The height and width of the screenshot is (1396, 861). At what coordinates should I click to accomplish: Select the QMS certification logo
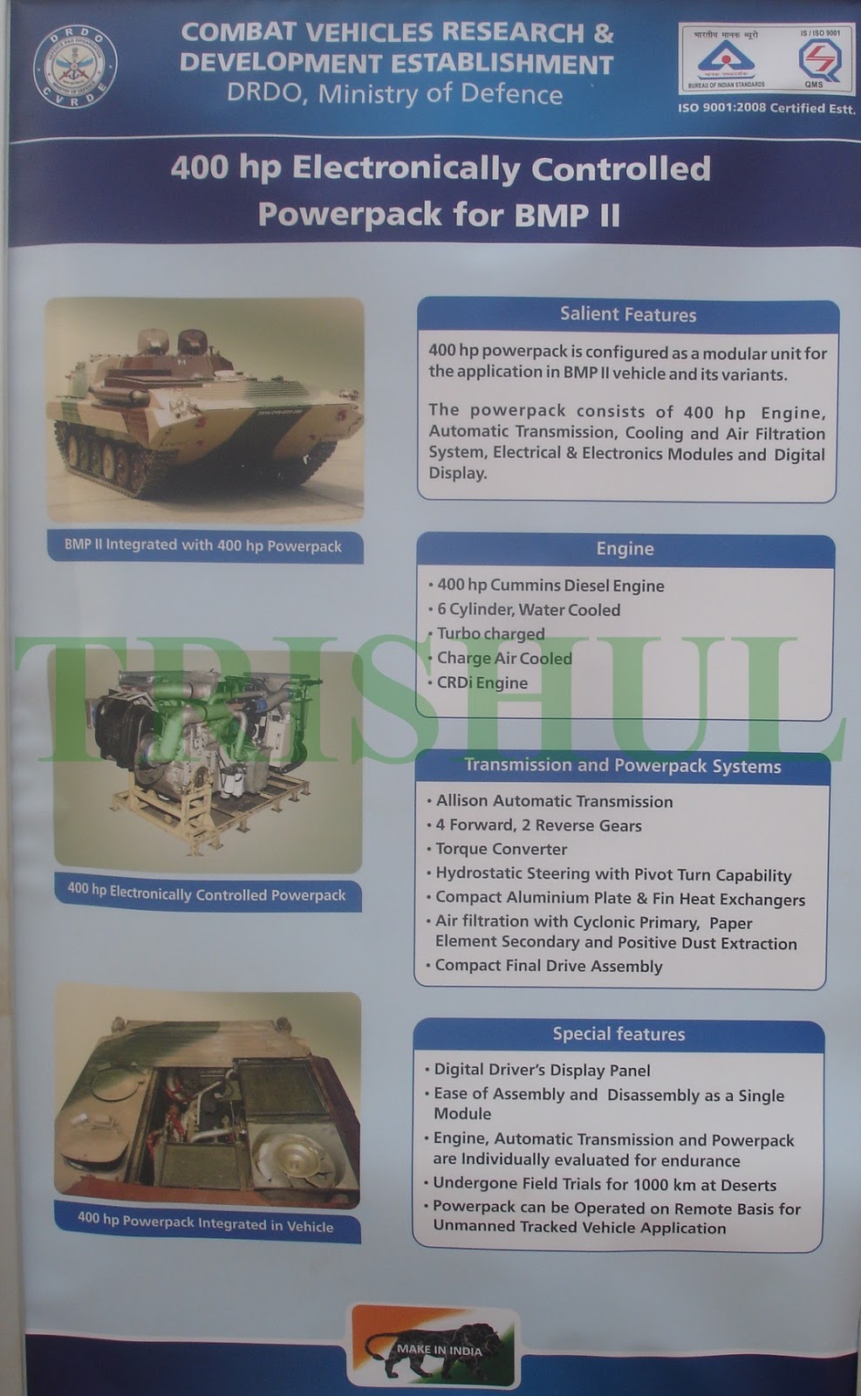tap(819, 61)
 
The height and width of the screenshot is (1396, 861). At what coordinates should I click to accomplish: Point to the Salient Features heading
tap(628, 315)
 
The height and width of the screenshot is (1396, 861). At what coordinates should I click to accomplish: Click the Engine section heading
tap(625, 549)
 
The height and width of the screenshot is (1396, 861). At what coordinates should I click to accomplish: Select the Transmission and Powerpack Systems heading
tap(622, 766)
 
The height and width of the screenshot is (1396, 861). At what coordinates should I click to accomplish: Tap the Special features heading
tap(618, 1034)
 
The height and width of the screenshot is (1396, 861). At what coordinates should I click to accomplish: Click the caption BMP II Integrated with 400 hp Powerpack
tap(203, 546)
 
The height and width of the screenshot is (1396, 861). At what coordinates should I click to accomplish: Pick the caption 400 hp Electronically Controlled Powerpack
tap(207, 893)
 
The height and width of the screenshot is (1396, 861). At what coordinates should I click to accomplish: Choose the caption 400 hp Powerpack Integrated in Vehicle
tap(206, 1223)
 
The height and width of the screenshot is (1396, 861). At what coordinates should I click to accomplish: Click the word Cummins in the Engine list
tap(525, 585)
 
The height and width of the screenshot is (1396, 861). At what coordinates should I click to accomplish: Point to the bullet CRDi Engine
tap(482, 682)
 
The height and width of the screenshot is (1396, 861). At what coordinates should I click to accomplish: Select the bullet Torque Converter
tap(501, 849)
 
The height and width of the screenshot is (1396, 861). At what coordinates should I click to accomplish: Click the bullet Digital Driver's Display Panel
tap(542, 1070)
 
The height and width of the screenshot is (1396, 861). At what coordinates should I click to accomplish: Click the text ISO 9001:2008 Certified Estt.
tap(766, 108)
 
